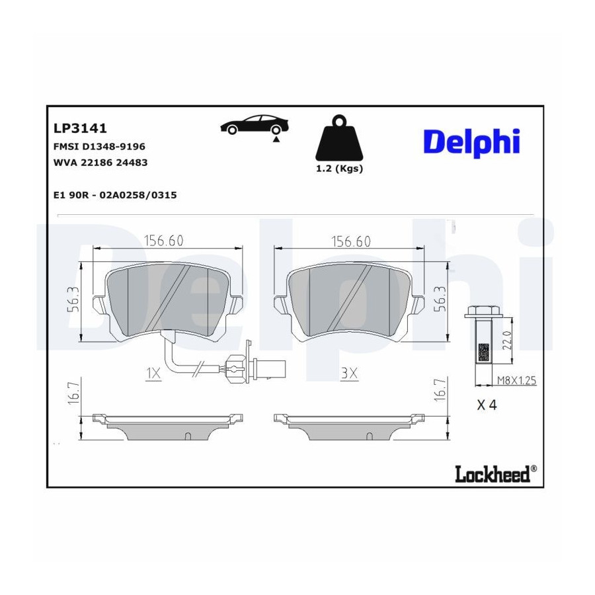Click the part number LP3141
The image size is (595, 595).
(80, 128)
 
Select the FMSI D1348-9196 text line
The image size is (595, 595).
(99, 146)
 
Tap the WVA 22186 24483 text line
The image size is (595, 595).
(100, 163)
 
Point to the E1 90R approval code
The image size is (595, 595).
(115, 195)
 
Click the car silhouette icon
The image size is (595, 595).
(255, 126)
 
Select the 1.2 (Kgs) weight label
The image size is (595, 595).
(340, 169)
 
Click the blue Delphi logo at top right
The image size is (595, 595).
(471, 142)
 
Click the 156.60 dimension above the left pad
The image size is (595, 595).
(163, 241)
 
